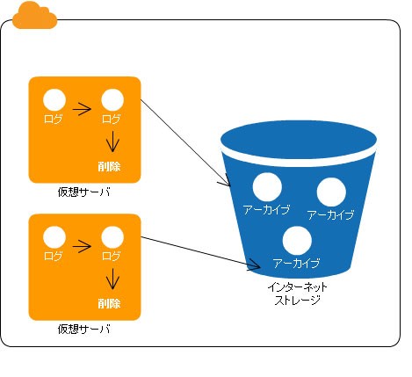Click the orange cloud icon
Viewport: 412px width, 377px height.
click(x=34, y=16)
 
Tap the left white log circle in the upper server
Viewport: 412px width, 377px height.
click(x=54, y=100)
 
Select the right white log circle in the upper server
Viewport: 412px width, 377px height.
click(x=112, y=100)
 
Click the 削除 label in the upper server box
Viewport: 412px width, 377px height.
click(x=109, y=166)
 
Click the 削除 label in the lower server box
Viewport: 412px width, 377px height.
click(x=109, y=303)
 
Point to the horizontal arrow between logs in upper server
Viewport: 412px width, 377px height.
click(x=82, y=109)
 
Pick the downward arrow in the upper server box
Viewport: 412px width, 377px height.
click(x=112, y=141)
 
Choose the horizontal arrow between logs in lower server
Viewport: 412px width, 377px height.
click(x=82, y=246)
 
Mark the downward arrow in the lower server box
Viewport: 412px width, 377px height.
click(x=112, y=279)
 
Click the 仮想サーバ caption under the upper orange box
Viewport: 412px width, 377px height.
click(x=84, y=192)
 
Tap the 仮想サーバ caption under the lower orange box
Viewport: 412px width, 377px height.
click(x=84, y=330)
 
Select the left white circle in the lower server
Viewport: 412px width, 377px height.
click(x=54, y=237)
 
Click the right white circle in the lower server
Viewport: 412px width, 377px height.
click(x=112, y=237)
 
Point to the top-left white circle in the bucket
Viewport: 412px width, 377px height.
click(x=267, y=187)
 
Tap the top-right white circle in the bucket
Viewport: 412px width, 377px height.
click(x=331, y=192)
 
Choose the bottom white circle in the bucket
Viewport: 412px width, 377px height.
click(x=297, y=241)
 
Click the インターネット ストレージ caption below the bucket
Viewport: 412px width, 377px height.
click(x=297, y=294)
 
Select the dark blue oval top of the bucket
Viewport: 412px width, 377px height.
click(x=299, y=140)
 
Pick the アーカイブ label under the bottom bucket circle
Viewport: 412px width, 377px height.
click(x=296, y=264)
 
